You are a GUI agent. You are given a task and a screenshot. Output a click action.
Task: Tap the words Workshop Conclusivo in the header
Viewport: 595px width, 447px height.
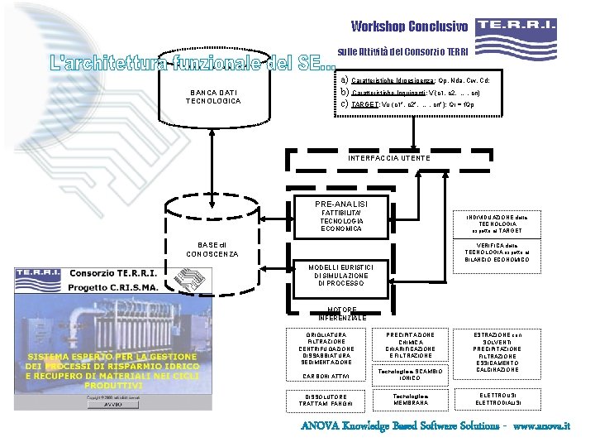tap(409, 26)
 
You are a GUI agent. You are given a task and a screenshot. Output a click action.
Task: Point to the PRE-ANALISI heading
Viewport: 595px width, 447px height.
tap(341, 204)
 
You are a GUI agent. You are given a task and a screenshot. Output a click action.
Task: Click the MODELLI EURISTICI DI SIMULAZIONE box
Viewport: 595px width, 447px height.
tap(340, 275)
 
